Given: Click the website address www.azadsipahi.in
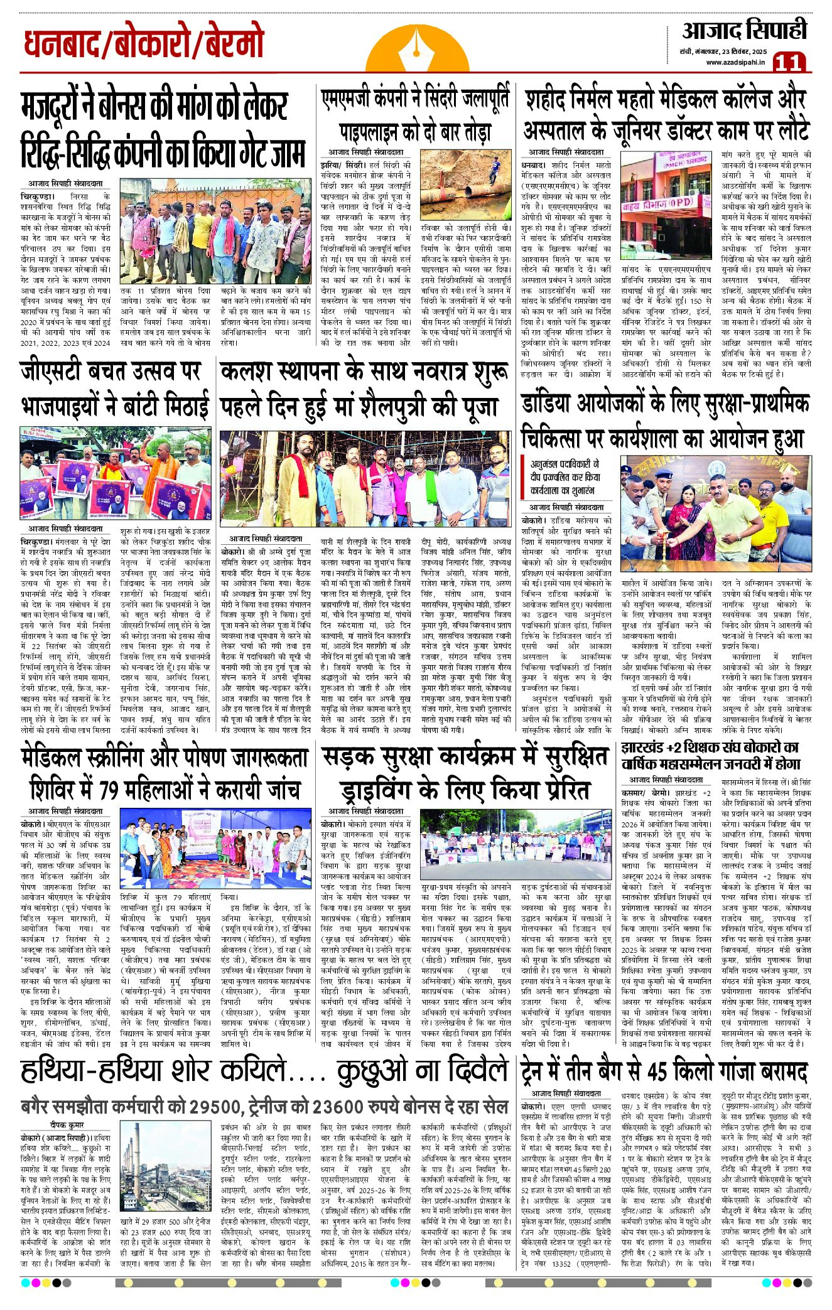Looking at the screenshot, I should pos(735,62).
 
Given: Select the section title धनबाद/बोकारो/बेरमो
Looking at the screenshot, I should pos(144,44).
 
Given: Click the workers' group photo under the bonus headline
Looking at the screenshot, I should pos(215,232).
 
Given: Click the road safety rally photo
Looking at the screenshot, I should pos(514,844).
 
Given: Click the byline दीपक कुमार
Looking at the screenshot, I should pos(68,1124).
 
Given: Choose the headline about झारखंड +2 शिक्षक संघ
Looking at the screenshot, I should pos(711,755).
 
